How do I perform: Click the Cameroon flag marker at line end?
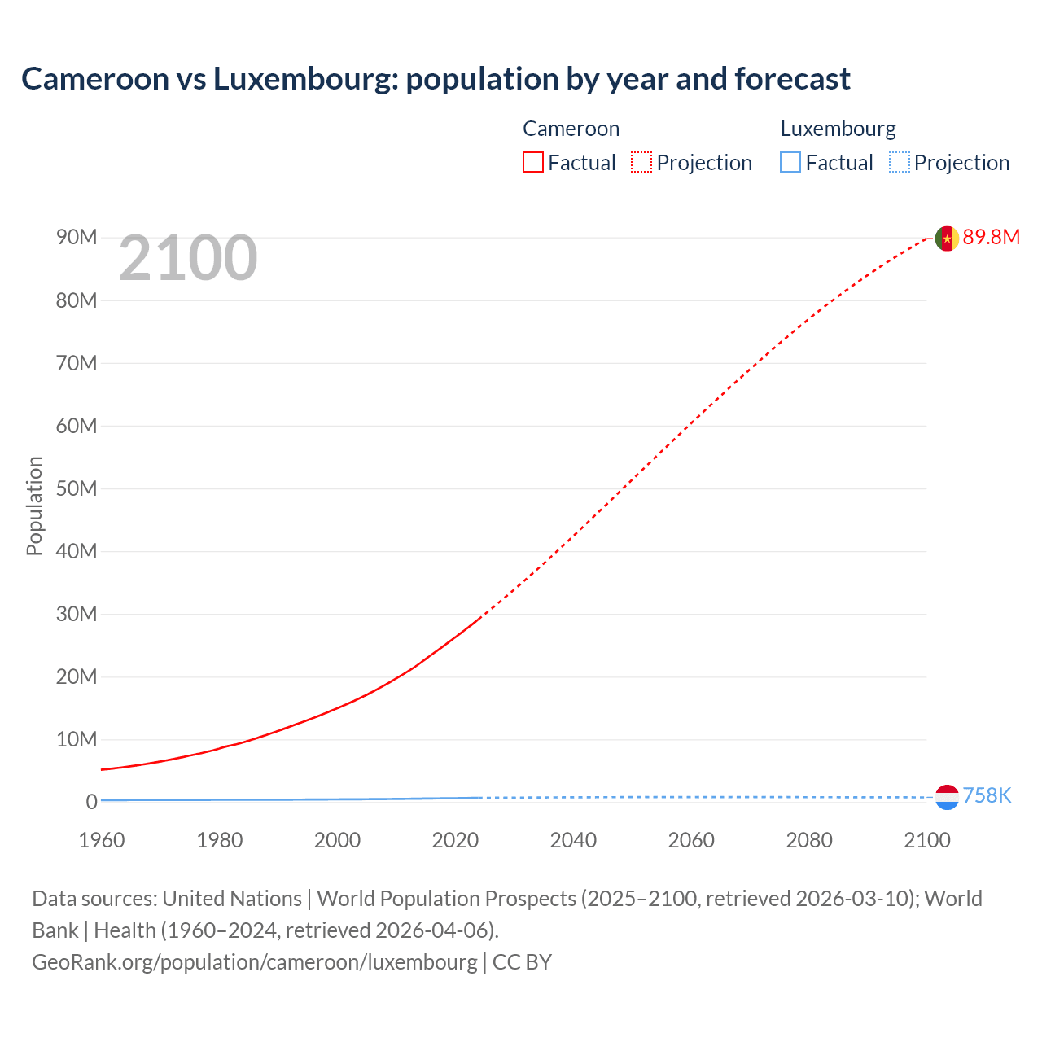coord(947,238)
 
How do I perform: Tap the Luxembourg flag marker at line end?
coord(947,797)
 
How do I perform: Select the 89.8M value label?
coord(991,237)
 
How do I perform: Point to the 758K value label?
coord(987,795)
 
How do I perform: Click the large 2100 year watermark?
coord(188,258)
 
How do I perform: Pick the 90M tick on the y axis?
coord(77,237)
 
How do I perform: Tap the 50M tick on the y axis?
coord(77,488)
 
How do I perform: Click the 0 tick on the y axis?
coord(91,802)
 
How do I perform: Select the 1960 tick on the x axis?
coord(102,840)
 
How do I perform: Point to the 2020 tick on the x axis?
coord(455,840)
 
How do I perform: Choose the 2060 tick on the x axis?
coord(691,840)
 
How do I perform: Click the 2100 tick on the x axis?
coord(926,840)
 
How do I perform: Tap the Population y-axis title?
coord(34,506)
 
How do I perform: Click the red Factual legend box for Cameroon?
coord(533,162)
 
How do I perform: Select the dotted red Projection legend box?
coord(641,162)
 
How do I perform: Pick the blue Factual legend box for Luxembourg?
coord(790,162)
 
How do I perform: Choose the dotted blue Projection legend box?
coord(900,162)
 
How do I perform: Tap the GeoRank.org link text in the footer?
coord(254,961)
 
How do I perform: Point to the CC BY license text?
coord(522,961)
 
